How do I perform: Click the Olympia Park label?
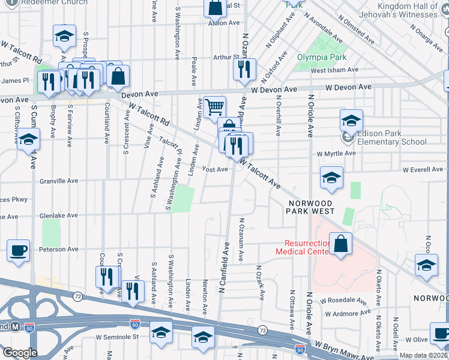tap(317, 58)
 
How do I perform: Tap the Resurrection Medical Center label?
tap(303, 247)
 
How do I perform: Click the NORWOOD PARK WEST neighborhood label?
tap(310, 207)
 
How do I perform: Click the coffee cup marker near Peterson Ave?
tap(18, 250)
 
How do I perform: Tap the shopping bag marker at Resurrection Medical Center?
tap(340, 244)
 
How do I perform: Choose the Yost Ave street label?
tap(214, 169)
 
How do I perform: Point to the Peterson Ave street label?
tap(59, 249)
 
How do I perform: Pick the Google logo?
tap(20, 353)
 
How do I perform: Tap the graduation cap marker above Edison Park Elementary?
tap(351, 121)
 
